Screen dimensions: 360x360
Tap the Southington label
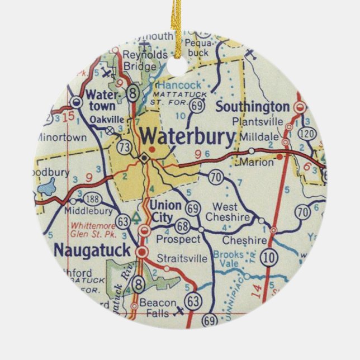pyautogui.click(x=253, y=106)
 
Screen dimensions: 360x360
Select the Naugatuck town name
pyautogui.click(x=92, y=250)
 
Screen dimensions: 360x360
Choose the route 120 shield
pyautogui.click(x=306, y=134)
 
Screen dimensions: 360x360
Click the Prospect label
pyautogui.click(x=179, y=239)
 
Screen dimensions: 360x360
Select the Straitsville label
pyautogui.click(x=181, y=259)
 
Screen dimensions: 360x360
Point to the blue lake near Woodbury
pyautogui.click(x=48, y=188)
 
